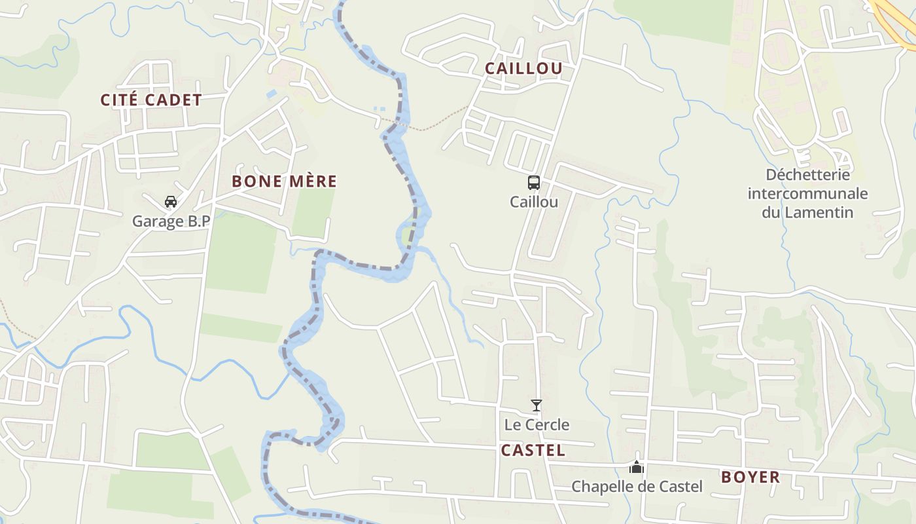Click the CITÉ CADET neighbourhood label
(150, 100)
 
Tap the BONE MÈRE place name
(285, 181)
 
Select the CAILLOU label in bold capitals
(523, 68)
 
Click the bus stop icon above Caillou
(534, 183)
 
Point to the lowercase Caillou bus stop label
(534, 202)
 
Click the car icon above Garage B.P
(171, 202)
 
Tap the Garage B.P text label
(171, 221)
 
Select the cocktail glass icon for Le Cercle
(537, 405)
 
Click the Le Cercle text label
(537, 424)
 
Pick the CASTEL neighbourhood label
(533, 451)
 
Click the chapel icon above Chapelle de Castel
(637, 467)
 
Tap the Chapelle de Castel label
(637, 487)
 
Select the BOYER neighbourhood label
(750, 477)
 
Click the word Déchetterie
(807, 175)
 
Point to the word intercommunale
(807, 194)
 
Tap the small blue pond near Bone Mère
(272, 94)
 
